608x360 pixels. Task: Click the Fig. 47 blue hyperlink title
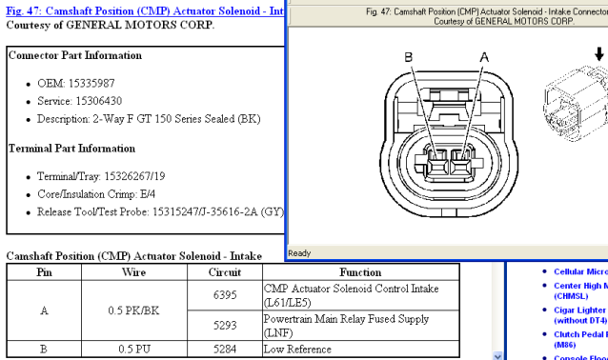(x=145, y=10)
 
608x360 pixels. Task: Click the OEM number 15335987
(x=91, y=83)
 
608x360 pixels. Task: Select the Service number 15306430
(x=99, y=101)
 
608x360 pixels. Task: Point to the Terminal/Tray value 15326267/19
(x=134, y=176)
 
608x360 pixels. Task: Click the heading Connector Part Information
(x=75, y=55)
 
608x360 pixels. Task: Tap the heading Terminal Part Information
(x=71, y=149)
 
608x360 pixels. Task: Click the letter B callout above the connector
(x=408, y=57)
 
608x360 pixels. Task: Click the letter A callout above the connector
(x=484, y=57)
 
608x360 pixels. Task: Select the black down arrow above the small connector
(x=599, y=54)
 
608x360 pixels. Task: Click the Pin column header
(x=44, y=272)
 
